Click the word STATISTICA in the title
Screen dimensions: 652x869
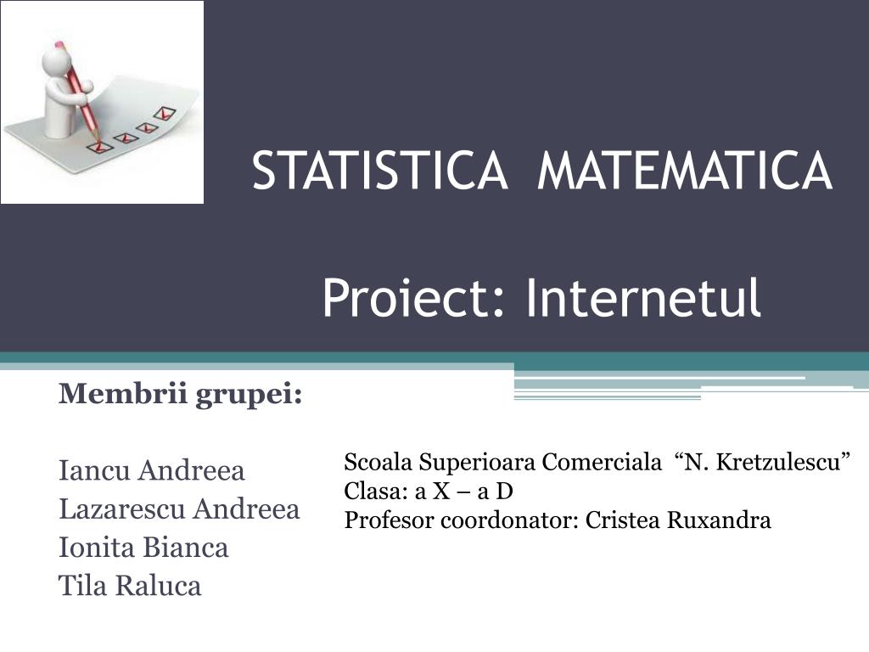[379, 171]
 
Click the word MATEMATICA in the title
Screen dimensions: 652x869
[684, 171]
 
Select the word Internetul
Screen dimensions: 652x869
[643, 298]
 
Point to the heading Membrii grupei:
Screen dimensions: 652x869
[181, 395]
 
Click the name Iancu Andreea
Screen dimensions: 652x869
[151, 469]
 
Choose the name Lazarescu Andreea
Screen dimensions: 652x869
[179, 509]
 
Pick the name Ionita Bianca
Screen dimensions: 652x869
[143, 548]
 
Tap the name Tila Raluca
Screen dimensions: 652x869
[130, 586]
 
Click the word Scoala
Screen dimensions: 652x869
[378, 463]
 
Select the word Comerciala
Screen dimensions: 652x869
[602, 463]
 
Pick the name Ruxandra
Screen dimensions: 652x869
[719, 520]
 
